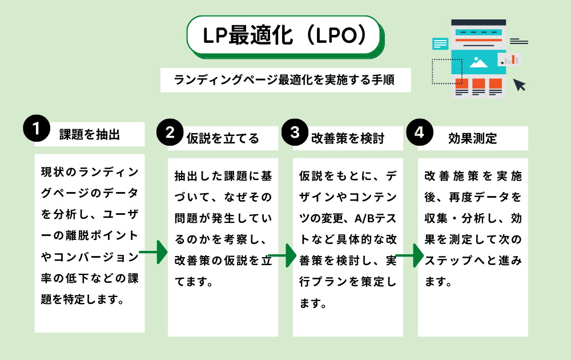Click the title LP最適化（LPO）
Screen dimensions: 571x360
[284, 35]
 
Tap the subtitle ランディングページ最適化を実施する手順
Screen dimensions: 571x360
[284, 79]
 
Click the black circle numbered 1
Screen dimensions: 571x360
[37, 128]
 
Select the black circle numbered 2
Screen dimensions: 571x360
[170, 132]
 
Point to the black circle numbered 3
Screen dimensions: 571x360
[295, 132]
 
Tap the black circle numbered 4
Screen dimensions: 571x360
[420, 132]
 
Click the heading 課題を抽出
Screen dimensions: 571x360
[90, 134]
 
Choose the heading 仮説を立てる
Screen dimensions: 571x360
[223, 138]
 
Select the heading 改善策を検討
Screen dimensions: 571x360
[348, 138]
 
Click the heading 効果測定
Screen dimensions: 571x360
[473, 138]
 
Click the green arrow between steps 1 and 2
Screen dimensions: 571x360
[153, 252]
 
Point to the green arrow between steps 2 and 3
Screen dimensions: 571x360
[282, 255]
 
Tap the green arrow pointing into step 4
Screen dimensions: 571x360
[409, 255]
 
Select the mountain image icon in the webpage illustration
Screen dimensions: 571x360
[478, 63]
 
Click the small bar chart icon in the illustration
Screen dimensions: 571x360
[509, 59]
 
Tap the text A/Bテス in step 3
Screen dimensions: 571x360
[376, 218]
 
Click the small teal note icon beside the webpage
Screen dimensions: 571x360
[440, 44]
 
